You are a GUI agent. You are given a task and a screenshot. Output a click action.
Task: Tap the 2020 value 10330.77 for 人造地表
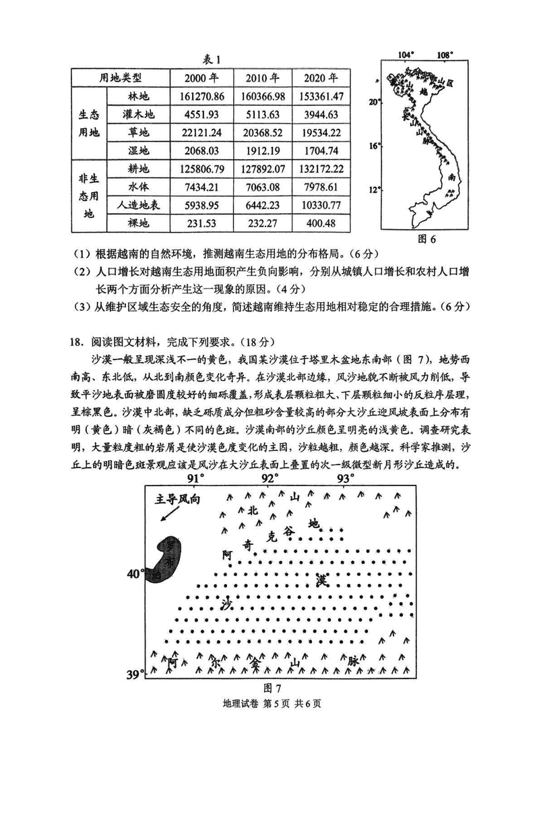coord(320,204)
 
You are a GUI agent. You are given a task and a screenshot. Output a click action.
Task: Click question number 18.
coord(77,339)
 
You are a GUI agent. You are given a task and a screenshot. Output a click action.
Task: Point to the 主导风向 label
coord(177,499)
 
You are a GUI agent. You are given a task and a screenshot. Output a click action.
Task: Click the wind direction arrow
coord(170,515)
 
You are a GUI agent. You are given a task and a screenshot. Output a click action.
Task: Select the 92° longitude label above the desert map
coord(269,479)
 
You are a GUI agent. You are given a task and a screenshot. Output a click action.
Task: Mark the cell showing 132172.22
coord(320,169)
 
